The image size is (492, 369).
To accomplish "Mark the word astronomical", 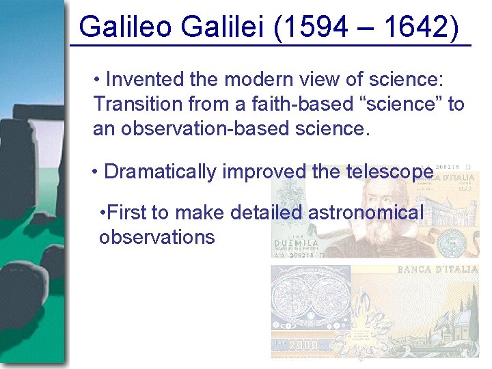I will tap(366, 213).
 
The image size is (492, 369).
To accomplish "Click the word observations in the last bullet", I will tap(156, 238).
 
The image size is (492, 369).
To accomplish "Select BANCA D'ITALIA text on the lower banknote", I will tap(437, 269).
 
